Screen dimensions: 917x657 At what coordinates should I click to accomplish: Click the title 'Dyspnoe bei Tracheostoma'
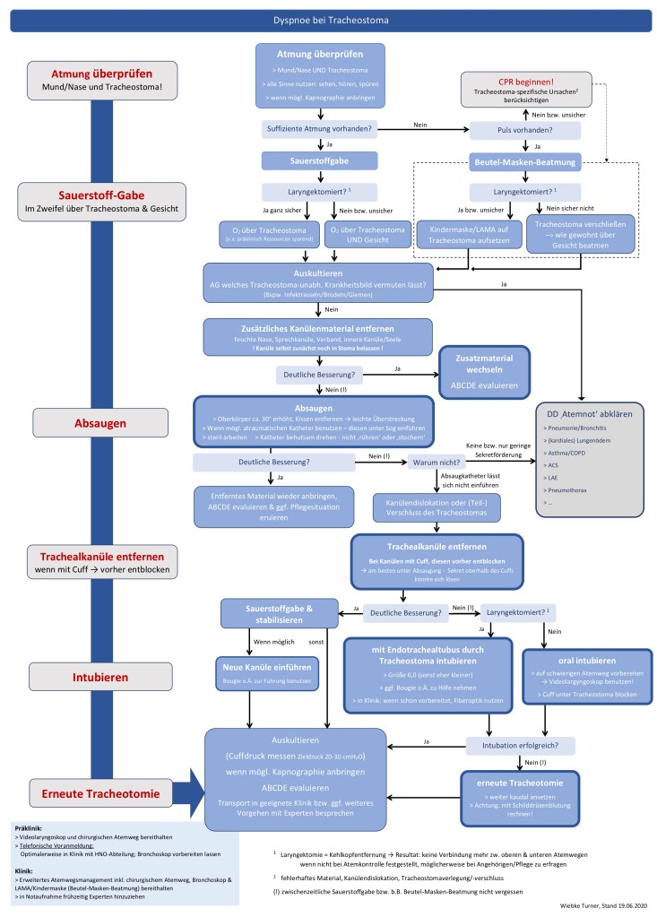click(328, 18)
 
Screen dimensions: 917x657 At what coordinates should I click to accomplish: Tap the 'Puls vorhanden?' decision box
click(525, 130)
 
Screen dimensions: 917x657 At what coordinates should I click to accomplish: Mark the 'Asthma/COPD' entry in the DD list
click(568, 454)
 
